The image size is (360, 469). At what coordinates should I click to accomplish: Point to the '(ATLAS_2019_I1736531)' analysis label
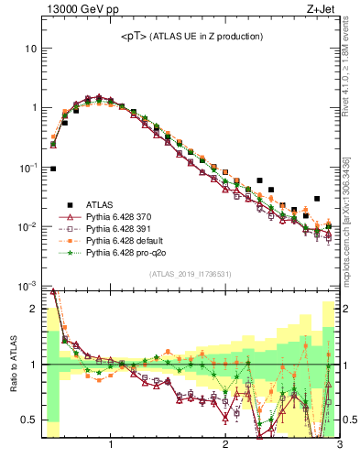190,273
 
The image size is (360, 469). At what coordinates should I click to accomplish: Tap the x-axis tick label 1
111,446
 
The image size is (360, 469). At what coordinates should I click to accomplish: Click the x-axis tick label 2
225,446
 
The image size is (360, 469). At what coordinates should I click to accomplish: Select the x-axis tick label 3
339,446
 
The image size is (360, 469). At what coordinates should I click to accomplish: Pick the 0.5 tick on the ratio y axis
29,420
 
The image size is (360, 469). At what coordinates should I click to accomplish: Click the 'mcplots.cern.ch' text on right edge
352,247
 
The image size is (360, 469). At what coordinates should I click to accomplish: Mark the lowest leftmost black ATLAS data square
53,169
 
